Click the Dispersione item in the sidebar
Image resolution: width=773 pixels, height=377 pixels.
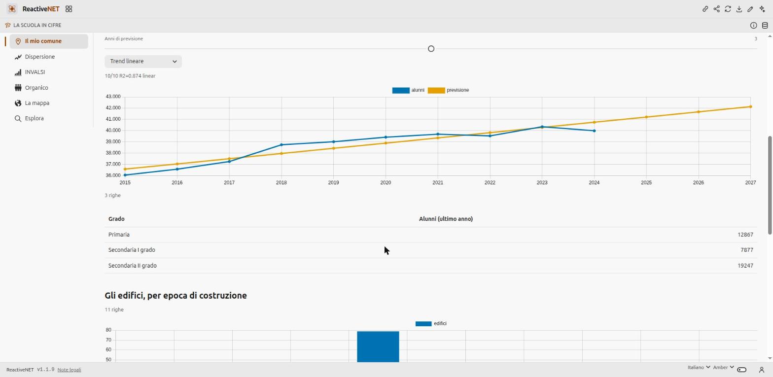35,57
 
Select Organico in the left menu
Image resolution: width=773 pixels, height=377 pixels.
32,88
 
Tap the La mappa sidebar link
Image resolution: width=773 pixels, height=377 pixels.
32,103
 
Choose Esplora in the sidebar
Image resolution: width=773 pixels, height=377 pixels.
30,118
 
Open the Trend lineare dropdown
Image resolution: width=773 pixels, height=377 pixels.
143,62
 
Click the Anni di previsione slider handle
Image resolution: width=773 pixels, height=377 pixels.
431,49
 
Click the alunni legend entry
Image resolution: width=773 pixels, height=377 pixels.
408,90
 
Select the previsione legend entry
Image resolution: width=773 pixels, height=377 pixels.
448,90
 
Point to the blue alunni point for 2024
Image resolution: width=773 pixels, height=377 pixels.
594,131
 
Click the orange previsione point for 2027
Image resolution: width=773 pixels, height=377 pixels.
750,106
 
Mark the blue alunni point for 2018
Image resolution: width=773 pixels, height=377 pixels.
281,144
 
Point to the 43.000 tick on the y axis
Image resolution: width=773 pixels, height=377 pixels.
113,97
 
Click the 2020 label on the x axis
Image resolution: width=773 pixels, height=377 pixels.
386,182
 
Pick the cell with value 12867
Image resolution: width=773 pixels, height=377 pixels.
745,235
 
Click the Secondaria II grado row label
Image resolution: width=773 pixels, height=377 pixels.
133,266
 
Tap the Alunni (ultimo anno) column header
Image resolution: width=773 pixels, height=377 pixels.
446,219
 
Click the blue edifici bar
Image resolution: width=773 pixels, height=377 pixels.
378,346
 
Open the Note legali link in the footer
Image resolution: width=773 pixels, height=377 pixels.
70,370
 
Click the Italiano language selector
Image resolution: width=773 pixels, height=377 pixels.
699,367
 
